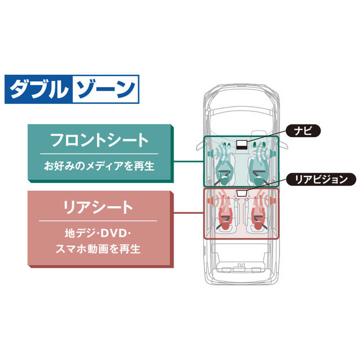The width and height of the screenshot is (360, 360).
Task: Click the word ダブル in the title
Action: (x=38, y=89)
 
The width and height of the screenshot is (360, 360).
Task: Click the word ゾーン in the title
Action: (x=104, y=89)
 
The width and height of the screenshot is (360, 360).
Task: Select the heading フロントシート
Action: (x=99, y=140)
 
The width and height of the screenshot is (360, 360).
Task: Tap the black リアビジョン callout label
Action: (x=321, y=179)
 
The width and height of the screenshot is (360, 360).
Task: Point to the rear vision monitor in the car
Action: (x=242, y=193)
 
